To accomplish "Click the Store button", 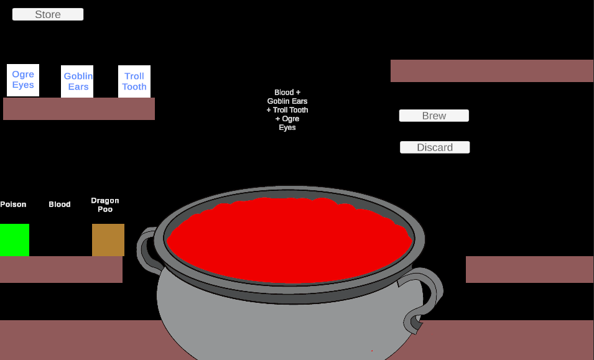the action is pos(48,14).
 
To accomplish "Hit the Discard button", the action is pos(435,147).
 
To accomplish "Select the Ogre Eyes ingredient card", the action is pos(23,80).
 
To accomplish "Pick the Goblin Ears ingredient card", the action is pos(77,81).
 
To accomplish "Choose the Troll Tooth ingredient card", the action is pos(134,81).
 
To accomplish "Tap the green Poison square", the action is pos(14,240).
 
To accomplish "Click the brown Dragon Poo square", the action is pos(108,240).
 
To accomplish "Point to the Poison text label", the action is pos(13,205).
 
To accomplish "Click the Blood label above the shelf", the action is pos(60,205).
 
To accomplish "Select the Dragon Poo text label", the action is pos(105,205).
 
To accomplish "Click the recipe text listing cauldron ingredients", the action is pos(287,110).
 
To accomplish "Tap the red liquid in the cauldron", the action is pos(289,241).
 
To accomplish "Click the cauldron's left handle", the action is pos(146,250).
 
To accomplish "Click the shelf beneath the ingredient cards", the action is pos(79,109).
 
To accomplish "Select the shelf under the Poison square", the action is pos(61,269).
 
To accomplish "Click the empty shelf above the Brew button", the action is pos(492,71).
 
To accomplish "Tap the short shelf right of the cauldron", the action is pos(529,269).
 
